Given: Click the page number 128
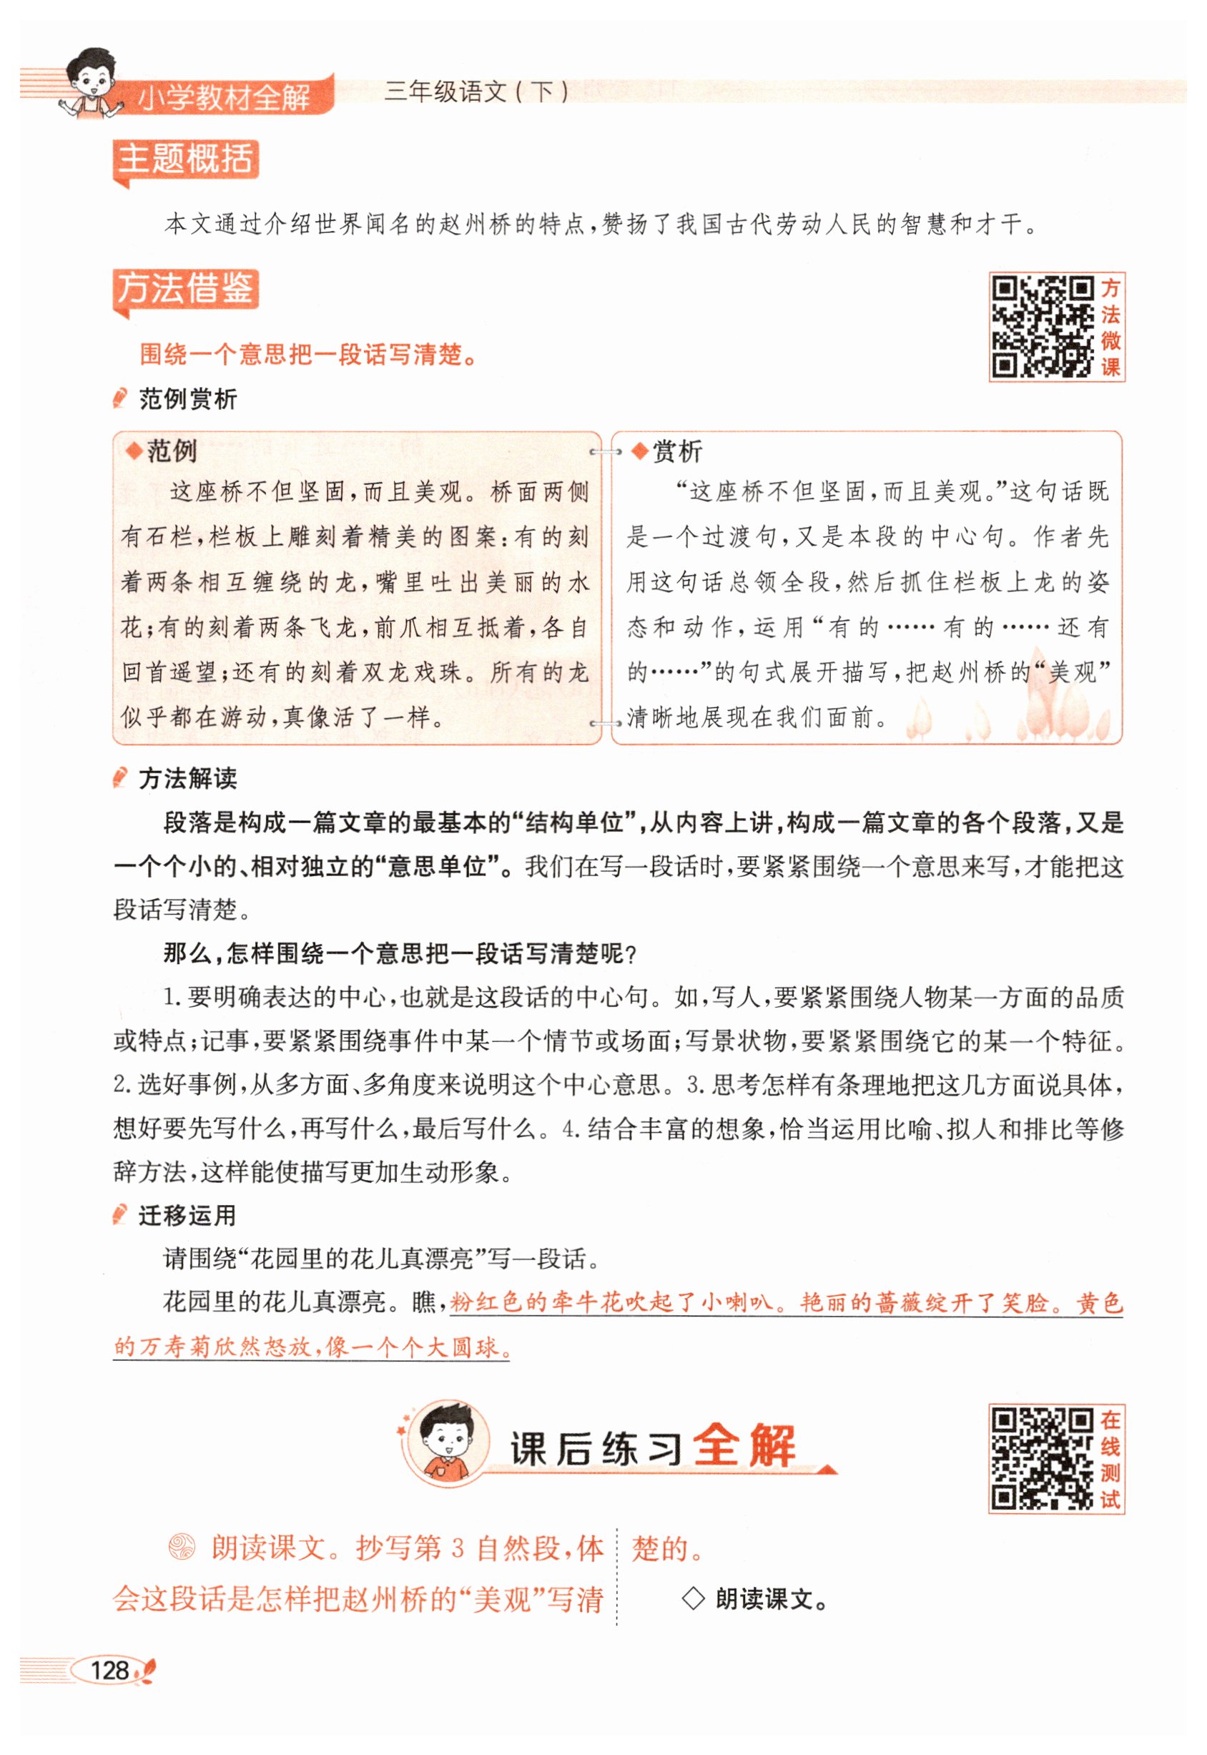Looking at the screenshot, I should click(109, 1671).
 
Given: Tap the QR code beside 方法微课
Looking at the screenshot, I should click(1042, 327).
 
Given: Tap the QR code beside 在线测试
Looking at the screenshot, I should click(1042, 1458).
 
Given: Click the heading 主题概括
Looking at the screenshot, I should click(185, 159).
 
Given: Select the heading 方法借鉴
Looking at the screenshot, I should click(185, 289).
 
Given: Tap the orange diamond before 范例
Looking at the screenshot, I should click(134, 451).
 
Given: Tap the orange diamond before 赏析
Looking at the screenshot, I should click(640, 451).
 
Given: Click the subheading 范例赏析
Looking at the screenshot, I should click(187, 398).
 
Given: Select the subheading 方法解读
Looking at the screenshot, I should click(187, 777).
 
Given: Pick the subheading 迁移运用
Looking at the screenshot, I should click(187, 1215).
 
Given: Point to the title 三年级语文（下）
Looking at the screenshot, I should click(476, 92).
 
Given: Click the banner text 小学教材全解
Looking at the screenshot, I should click(224, 97).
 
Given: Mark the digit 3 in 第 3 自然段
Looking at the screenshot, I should click(457, 1548).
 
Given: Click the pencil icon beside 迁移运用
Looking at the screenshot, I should click(119, 1215).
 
